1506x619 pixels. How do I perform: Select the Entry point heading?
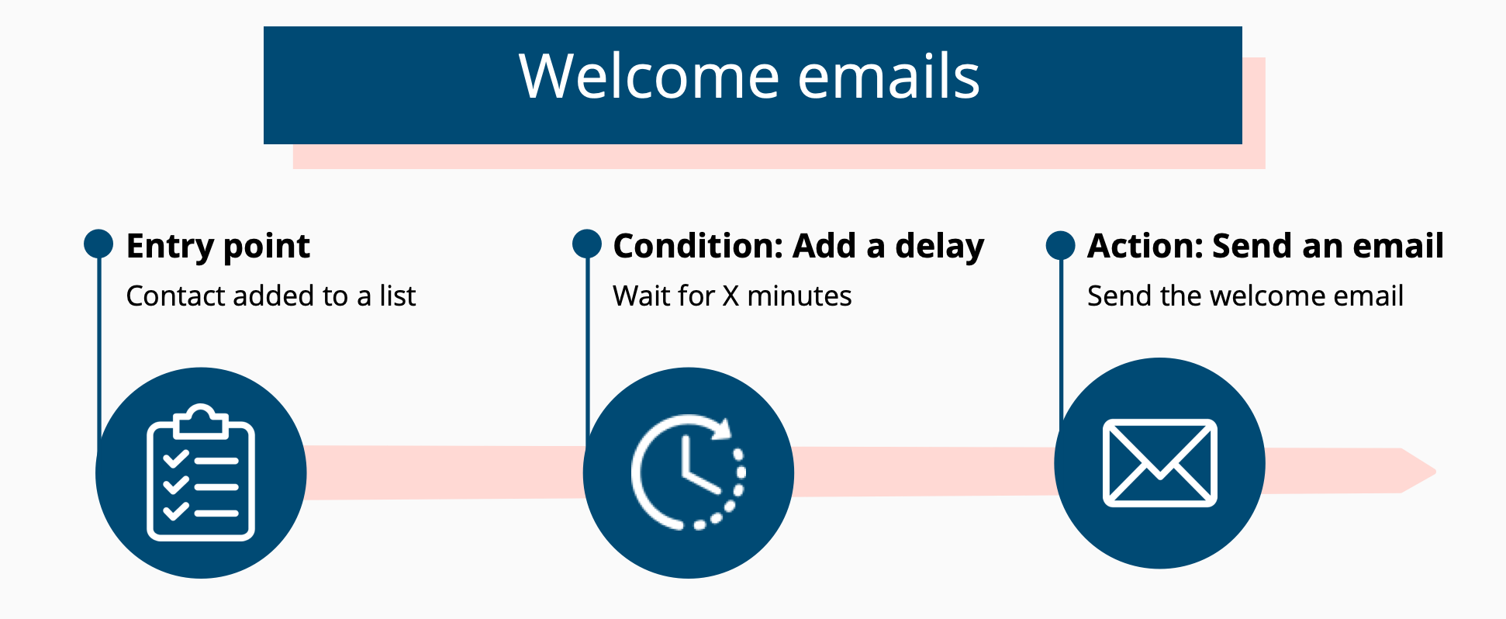(x=218, y=247)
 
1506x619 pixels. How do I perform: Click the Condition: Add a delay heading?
(x=799, y=247)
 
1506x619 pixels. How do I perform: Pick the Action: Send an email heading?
(x=1266, y=246)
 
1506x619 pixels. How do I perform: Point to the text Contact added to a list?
(x=271, y=296)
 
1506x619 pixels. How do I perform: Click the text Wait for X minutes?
(x=732, y=296)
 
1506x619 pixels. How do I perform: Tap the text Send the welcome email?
(x=1245, y=296)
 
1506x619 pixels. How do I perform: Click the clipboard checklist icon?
(x=201, y=472)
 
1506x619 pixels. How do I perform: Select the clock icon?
(x=688, y=472)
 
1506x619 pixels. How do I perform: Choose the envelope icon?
(x=1160, y=463)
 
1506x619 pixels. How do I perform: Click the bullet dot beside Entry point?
(x=98, y=244)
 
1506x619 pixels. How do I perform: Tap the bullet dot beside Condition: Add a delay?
(x=587, y=244)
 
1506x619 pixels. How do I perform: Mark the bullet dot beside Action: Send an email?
(x=1061, y=245)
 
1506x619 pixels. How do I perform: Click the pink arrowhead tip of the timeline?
(x=1436, y=471)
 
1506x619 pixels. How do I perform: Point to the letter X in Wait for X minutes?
(x=731, y=296)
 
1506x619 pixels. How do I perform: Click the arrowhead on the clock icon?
(x=723, y=429)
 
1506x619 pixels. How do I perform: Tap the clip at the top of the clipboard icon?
(x=201, y=420)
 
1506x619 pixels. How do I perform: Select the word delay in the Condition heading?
(x=940, y=247)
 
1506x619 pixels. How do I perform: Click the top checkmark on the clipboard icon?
(x=175, y=458)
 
